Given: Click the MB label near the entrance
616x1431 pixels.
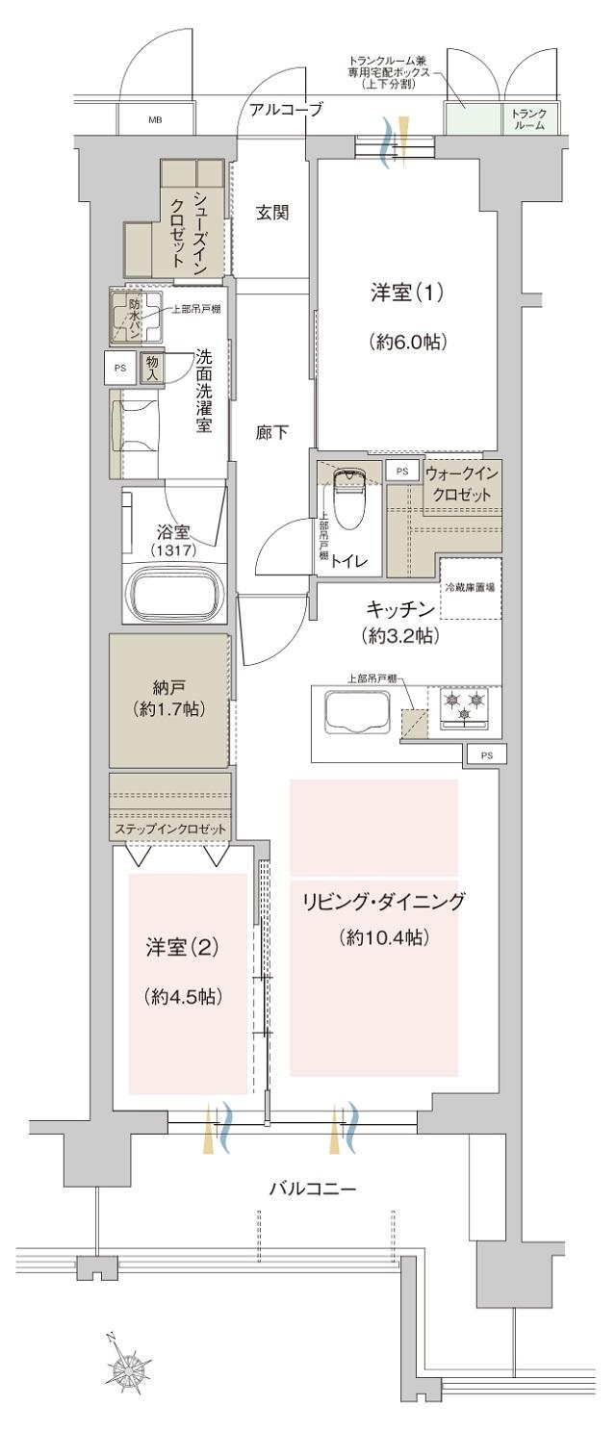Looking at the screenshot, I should click(155, 121).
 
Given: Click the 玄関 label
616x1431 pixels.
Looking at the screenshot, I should click(272, 213).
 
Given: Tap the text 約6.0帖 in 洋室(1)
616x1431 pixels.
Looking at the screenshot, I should click(405, 341).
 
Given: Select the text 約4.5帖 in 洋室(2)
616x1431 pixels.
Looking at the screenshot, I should click(183, 997).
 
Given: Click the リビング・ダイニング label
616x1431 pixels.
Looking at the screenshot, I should click(383, 903).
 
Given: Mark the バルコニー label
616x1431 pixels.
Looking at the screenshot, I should click(312, 1189).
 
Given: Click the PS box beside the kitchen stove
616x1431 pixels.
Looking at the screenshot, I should click(487, 755).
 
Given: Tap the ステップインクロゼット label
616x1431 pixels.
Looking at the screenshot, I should click(171, 829).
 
